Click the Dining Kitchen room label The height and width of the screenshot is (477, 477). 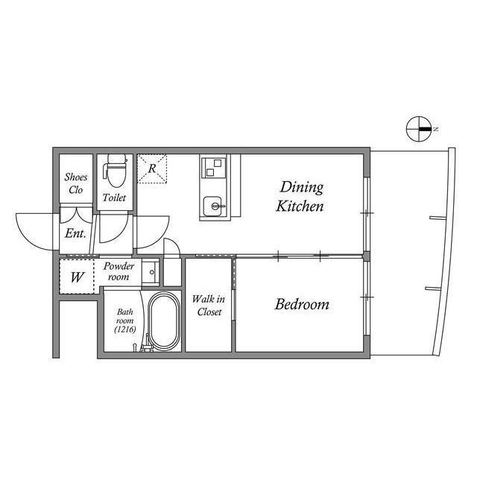tap(300, 197)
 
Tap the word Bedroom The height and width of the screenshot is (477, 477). tap(302, 305)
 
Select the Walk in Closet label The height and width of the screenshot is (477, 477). tap(209, 306)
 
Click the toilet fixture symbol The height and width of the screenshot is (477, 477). tap(115, 171)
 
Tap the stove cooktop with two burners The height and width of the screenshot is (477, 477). tap(214, 168)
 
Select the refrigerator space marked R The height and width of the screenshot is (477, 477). tap(152, 168)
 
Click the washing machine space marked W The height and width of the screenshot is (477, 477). tap(77, 277)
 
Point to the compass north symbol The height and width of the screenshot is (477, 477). tap(419, 129)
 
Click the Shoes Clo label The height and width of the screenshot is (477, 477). tap(76, 183)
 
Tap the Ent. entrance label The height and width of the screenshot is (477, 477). tap(75, 233)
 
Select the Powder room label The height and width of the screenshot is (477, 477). tap(119, 271)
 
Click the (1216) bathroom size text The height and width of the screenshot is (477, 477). tap(125, 329)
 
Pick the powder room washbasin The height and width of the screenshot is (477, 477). tap(151, 272)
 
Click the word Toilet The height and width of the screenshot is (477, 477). tap(114, 198)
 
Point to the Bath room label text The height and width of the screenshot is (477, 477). tap(124, 316)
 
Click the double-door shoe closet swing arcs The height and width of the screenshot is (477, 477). tap(76, 215)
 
